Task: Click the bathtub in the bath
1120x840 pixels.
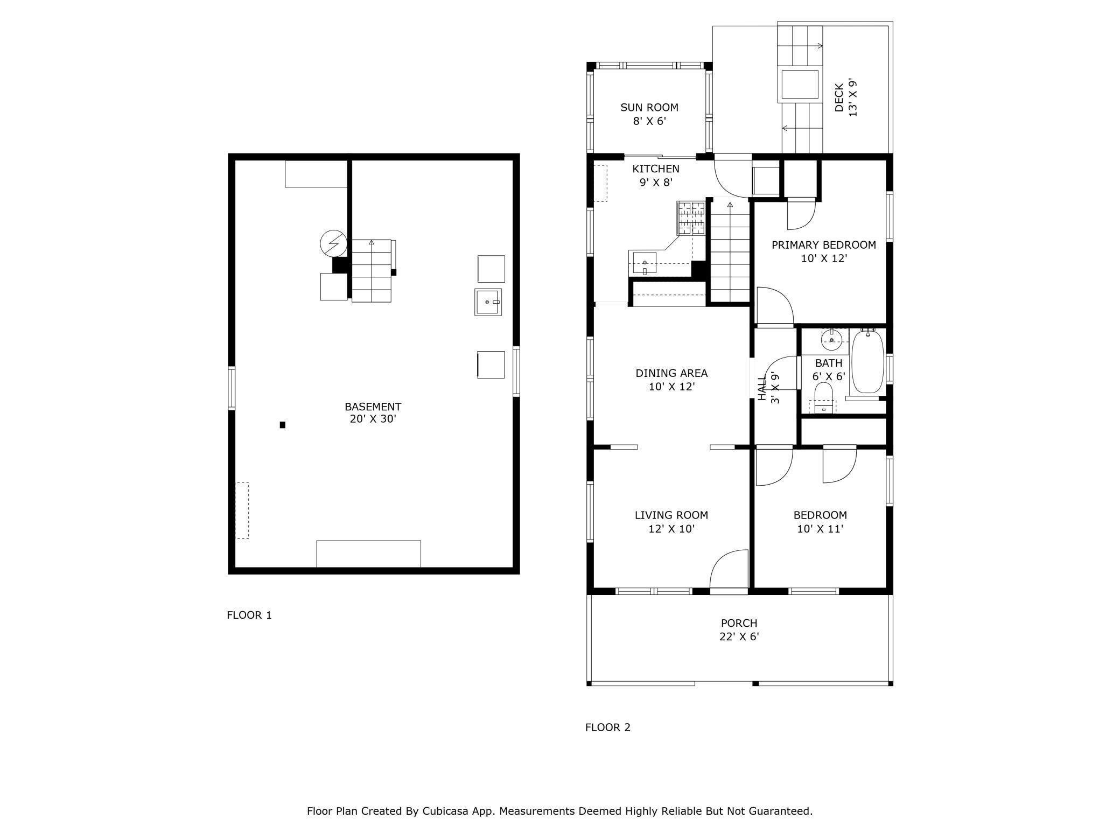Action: [x=867, y=362]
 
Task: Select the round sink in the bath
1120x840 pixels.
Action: [x=832, y=340]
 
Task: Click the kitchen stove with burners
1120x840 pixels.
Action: [x=691, y=218]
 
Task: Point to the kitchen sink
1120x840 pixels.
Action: [x=644, y=262]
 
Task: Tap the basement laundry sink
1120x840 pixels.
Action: [x=488, y=302]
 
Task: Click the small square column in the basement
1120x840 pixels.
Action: [x=283, y=425]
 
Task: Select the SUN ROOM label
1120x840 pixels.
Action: [x=649, y=107]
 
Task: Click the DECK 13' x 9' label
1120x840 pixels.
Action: [x=845, y=98]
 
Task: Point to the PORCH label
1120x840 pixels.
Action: [x=739, y=623]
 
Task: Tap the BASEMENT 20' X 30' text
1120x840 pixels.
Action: [x=373, y=412]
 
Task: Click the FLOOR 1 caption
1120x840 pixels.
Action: [x=249, y=615]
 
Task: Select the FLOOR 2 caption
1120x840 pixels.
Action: [x=608, y=727]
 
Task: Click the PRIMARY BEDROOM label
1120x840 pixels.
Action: [x=824, y=245]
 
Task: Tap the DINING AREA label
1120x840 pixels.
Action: [x=671, y=373]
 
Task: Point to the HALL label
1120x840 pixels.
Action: [x=762, y=388]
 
